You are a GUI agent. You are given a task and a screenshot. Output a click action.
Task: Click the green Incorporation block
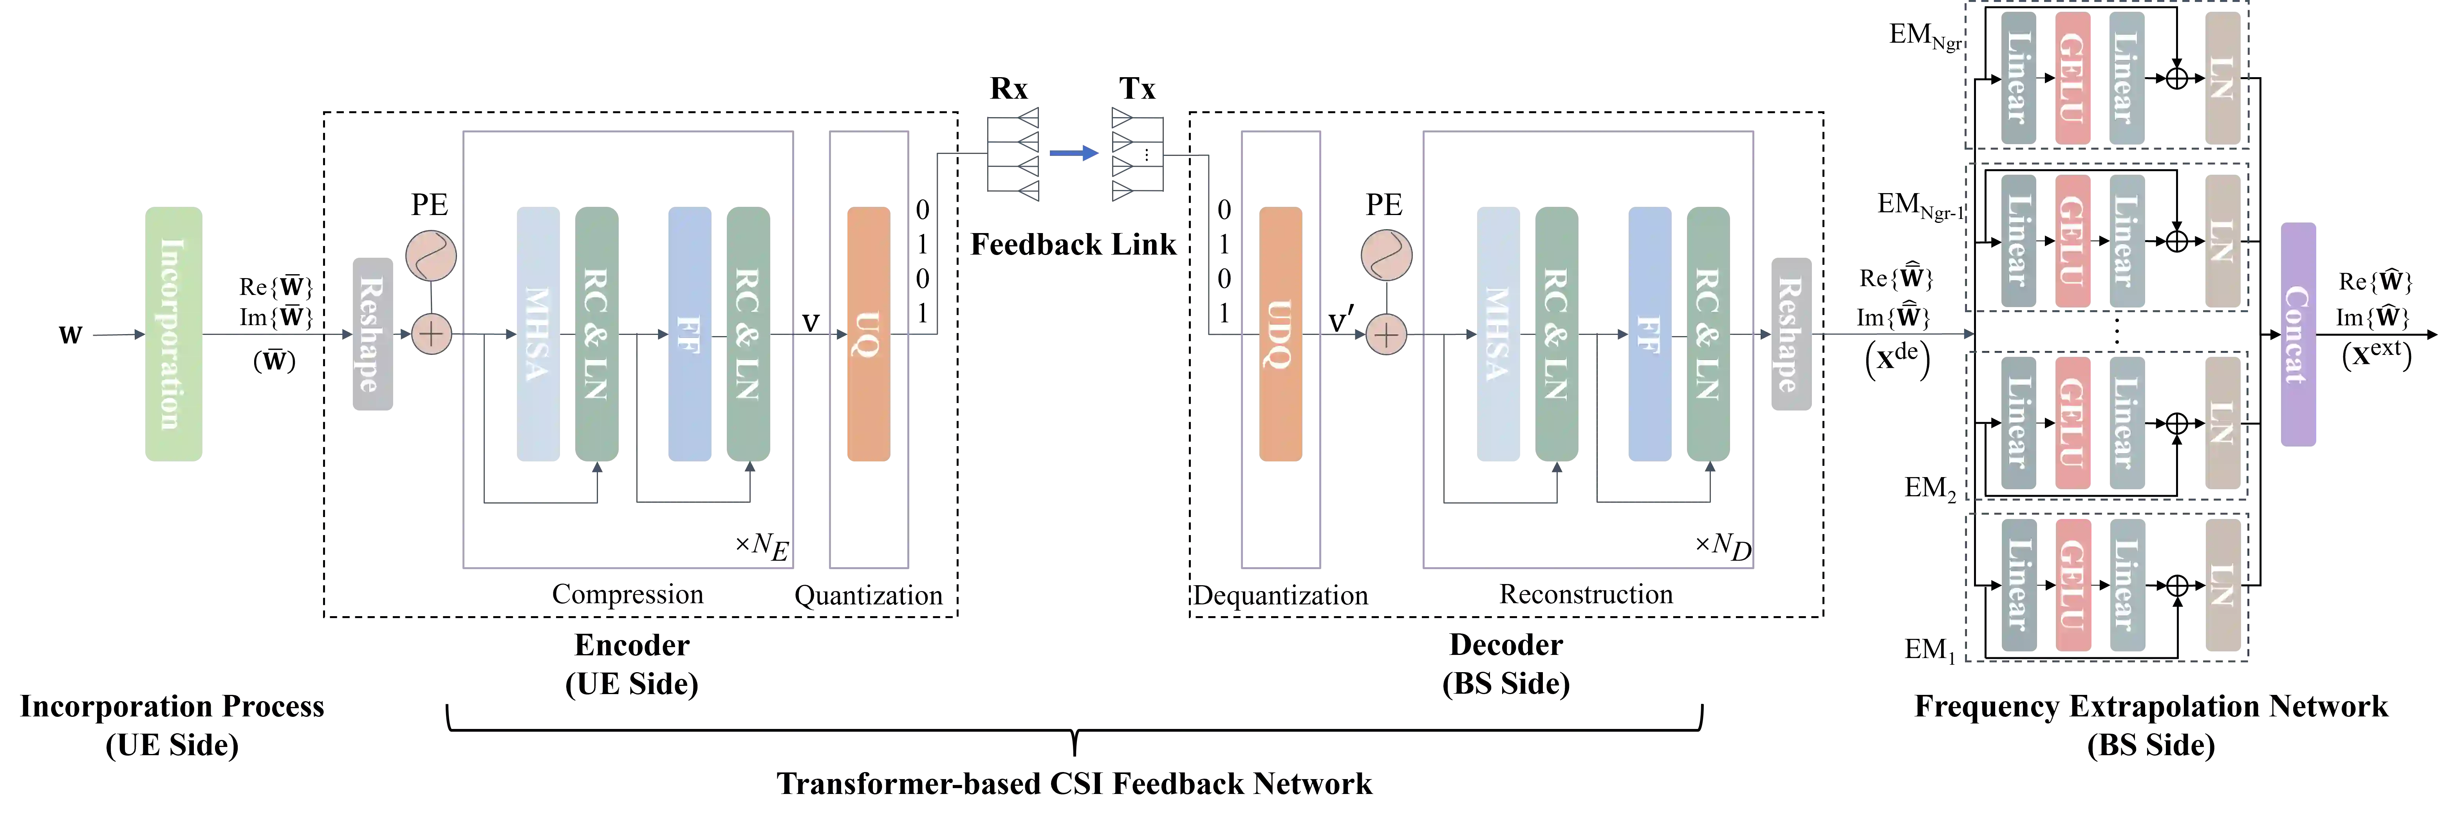[x=173, y=335]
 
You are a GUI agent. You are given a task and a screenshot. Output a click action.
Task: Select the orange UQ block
[x=868, y=335]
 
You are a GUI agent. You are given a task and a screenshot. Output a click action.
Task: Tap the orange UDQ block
[x=1280, y=335]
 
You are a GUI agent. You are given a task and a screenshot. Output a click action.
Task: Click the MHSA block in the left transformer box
[x=538, y=335]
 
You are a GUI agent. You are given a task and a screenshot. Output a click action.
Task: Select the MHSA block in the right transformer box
[x=1497, y=335]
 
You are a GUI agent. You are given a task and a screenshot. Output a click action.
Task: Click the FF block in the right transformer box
[x=1649, y=335]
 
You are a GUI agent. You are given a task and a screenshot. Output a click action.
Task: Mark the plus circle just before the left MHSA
[x=432, y=335]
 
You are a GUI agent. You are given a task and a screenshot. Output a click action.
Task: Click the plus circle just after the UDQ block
[x=1386, y=335]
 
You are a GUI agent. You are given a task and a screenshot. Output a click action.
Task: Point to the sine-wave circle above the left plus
[x=431, y=256]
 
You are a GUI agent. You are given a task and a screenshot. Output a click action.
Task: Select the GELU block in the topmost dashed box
[x=2073, y=78]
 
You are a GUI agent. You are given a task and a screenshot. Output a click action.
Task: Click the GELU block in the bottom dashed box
[x=2073, y=585]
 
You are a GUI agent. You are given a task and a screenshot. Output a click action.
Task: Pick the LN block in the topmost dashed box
[x=2223, y=78]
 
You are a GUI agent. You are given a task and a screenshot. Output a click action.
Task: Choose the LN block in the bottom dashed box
[x=2223, y=585]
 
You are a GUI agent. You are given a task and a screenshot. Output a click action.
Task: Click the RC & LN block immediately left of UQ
[x=748, y=335]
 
